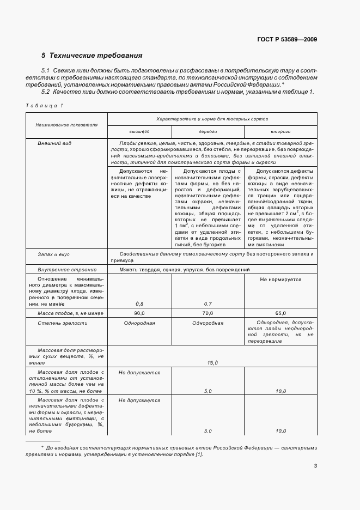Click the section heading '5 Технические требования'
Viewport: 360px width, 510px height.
92,56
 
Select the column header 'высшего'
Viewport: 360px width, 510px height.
139,132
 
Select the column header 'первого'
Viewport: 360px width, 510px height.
208,132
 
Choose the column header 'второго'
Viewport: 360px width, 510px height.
280,132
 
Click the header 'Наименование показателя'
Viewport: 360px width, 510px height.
66,125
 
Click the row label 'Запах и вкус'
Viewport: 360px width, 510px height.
53,254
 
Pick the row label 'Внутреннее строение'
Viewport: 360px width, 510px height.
66,270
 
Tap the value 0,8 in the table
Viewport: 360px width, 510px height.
139,303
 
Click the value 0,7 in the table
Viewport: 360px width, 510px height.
208,303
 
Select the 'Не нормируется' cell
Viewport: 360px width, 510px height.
280,280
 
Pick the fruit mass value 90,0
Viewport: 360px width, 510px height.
139,314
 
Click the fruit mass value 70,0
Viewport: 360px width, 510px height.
208,314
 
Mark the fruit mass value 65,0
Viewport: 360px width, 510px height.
280,314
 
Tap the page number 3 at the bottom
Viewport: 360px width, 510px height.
315,466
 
